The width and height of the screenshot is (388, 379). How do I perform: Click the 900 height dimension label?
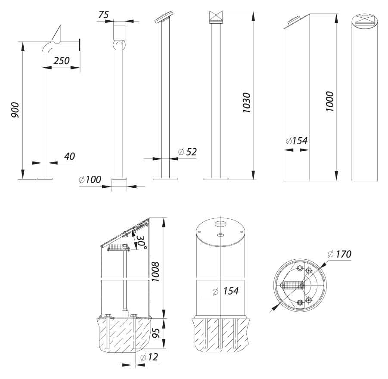point(15,111)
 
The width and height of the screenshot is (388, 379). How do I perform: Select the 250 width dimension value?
point(61,61)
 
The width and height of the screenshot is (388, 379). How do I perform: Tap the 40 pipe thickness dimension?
point(69,156)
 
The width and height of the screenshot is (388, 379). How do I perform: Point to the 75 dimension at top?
point(103,15)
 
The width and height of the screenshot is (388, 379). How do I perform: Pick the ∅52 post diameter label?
point(187,152)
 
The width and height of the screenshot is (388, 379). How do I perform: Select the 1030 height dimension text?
point(247,103)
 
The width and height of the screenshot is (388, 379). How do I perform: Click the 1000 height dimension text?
point(330,101)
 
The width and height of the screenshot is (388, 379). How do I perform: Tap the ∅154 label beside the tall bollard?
point(296,141)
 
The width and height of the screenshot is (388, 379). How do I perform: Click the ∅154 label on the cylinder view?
point(226,292)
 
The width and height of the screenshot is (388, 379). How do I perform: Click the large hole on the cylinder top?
point(220,224)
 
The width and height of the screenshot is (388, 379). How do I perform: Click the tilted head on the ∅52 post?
point(162,19)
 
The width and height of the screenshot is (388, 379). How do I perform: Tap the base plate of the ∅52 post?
point(165,178)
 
